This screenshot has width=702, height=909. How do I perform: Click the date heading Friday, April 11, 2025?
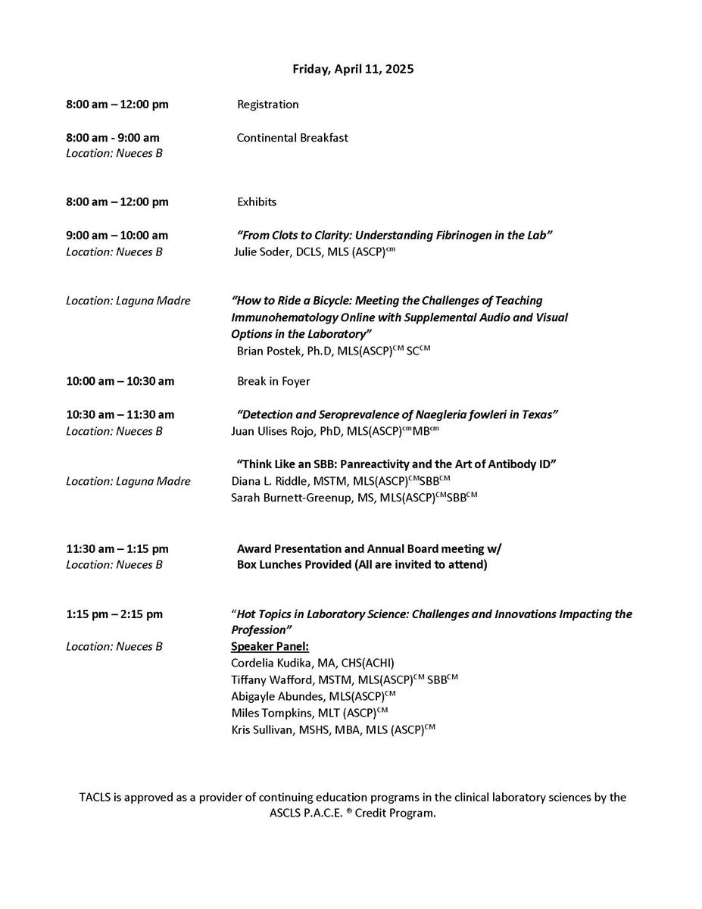coord(353,69)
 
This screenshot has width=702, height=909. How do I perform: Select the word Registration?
coord(267,105)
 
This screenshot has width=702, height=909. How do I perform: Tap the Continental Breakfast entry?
coord(292,138)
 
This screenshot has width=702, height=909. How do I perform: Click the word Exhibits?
coord(257,201)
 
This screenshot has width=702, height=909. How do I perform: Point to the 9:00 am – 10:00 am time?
coord(117,236)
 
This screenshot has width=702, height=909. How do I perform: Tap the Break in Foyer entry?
coord(273,381)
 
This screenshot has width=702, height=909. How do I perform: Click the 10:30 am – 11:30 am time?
coord(120,414)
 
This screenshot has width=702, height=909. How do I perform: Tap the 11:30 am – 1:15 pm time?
coord(117,548)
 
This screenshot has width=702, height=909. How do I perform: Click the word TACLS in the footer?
coord(95,798)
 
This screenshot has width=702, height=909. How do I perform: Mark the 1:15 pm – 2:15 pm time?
coord(114,614)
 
